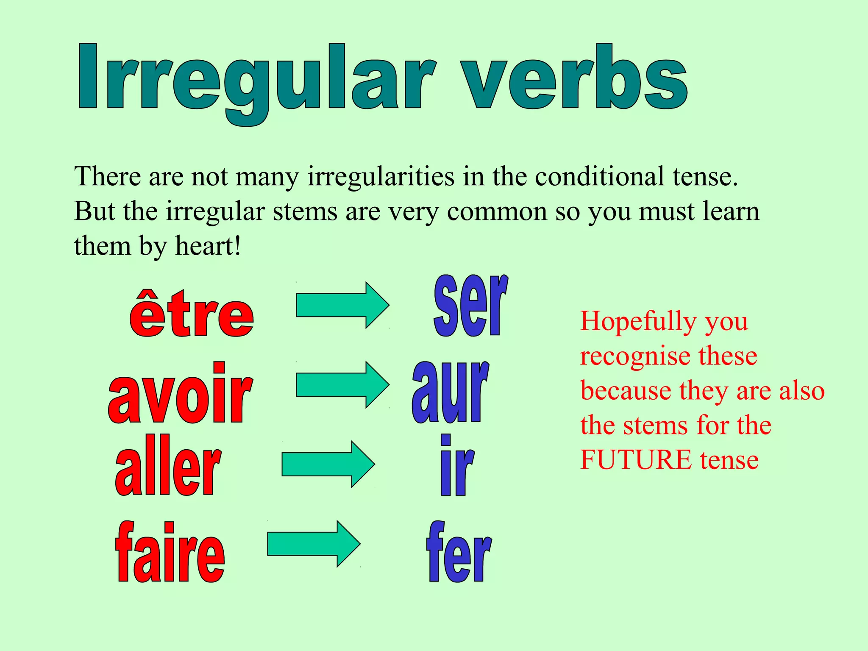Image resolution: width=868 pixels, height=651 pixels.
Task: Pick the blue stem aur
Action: coord(450,392)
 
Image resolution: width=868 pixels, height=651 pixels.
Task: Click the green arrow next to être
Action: coord(342,305)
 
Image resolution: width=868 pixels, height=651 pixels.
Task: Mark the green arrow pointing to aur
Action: coord(342,385)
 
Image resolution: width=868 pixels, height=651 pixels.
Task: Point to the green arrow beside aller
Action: coord(328,464)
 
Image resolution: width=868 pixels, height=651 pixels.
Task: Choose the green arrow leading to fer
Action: coord(314,544)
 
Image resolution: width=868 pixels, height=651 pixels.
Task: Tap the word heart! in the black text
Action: coord(208,246)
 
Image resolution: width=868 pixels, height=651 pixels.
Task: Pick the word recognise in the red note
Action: coord(635,356)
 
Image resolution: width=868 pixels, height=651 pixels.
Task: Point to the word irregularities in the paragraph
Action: coord(381,176)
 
